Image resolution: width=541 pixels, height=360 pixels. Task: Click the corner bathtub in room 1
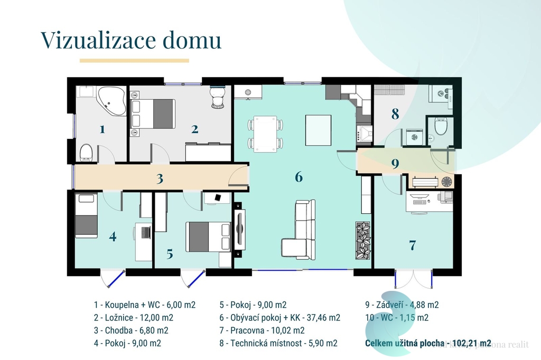coord(111,101)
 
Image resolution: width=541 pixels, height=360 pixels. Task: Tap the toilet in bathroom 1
coord(86,153)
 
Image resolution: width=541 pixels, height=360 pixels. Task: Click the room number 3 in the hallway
coord(160,178)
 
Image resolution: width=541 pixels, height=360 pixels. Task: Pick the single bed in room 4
coord(86,215)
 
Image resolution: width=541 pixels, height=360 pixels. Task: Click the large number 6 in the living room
coord(299,177)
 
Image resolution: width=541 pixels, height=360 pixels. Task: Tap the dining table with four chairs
coord(265,132)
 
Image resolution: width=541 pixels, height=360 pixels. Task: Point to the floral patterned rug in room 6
coord(363,240)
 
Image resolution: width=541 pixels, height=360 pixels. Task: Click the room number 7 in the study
coord(412,245)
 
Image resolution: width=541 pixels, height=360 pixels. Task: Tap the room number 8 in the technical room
coord(395,113)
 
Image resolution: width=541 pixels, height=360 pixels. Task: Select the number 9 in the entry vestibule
coord(395,164)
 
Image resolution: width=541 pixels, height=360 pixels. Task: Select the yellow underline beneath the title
coord(134,61)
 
